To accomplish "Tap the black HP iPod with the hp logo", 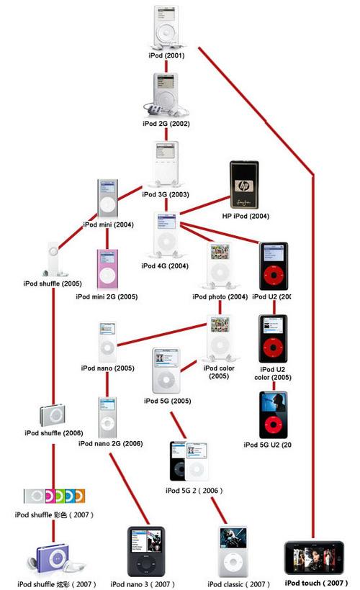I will pos(243,186).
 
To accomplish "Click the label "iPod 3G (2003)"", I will pos(166,194).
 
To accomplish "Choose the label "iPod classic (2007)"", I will pos(238,584).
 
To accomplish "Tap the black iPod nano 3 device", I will pos(145,551).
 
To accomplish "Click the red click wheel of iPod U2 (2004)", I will pos(273,276).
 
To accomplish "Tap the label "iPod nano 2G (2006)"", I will pos(111,444).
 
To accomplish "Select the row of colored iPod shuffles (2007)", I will pos(54,496).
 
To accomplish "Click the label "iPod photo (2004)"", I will pos(220,296).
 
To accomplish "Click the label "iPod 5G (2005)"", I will pos(166,401).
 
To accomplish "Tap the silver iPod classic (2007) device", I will pos(233,551).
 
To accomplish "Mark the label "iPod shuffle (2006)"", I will pos(53,433).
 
